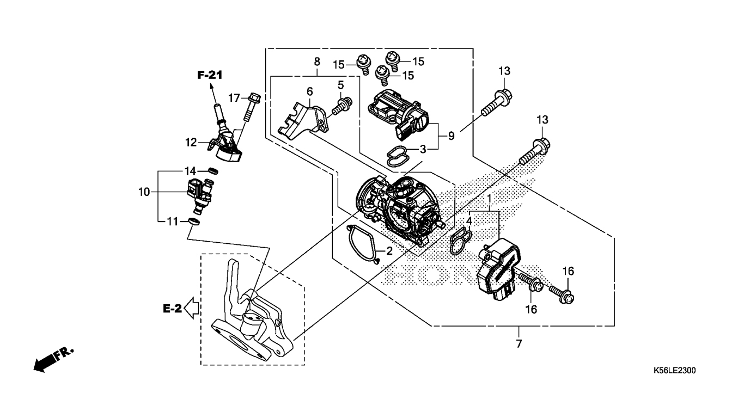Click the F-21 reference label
[x=210, y=75]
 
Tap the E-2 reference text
[x=172, y=309]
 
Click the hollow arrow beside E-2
[x=191, y=308]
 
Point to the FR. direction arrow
[x=53, y=360]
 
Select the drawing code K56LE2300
[x=675, y=370]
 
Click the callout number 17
[x=234, y=98]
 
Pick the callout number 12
[x=191, y=143]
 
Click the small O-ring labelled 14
[x=213, y=171]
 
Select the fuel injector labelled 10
[x=200, y=196]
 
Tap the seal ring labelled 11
[x=194, y=222]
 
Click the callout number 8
[x=317, y=62]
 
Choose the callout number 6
[x=309, y=91]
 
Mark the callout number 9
[x=451, y=136]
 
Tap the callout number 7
[x=519, y=343]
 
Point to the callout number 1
[x=489, y=199]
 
